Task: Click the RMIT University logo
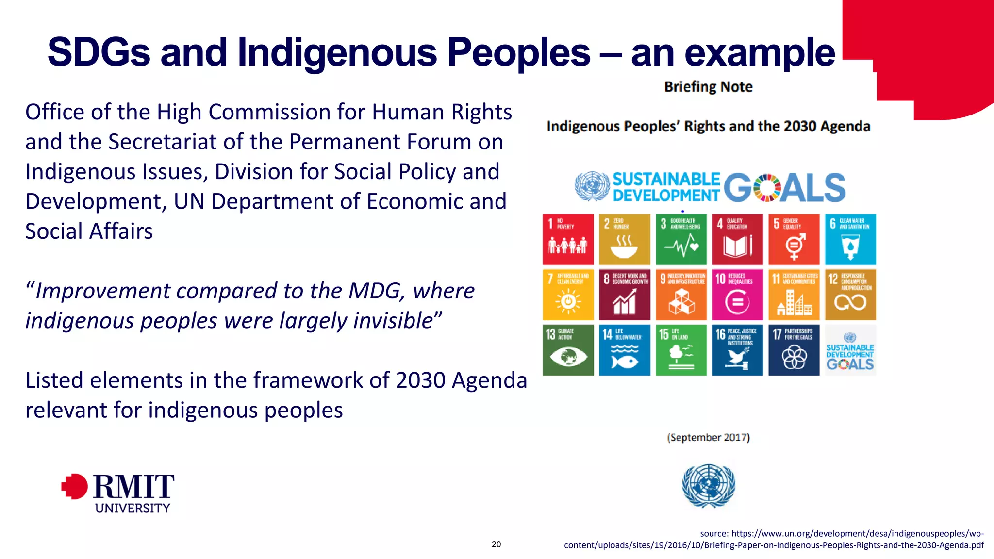tap(118, 493)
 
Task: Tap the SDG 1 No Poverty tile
tap(568, 239)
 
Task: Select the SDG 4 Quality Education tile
tap(737, 239)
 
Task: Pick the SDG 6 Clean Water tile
tap(850, 239)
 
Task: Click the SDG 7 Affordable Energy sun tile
tap(568, 295)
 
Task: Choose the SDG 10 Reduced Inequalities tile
tap(737, 295)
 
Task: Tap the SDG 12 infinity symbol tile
tap(850, 295)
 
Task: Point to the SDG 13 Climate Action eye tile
tap(568, 350)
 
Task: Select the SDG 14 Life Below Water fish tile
tap(624, 350)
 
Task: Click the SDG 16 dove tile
tap(737, 350)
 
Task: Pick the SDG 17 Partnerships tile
tap(794, 350)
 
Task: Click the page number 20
tap(496, 544)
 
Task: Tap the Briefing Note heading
tap(708, 87)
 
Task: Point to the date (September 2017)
tap(708, 438)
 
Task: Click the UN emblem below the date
tap(708, 486)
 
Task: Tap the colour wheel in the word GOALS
tap(767, 187)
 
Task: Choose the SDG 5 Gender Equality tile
tap(794, 239)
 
